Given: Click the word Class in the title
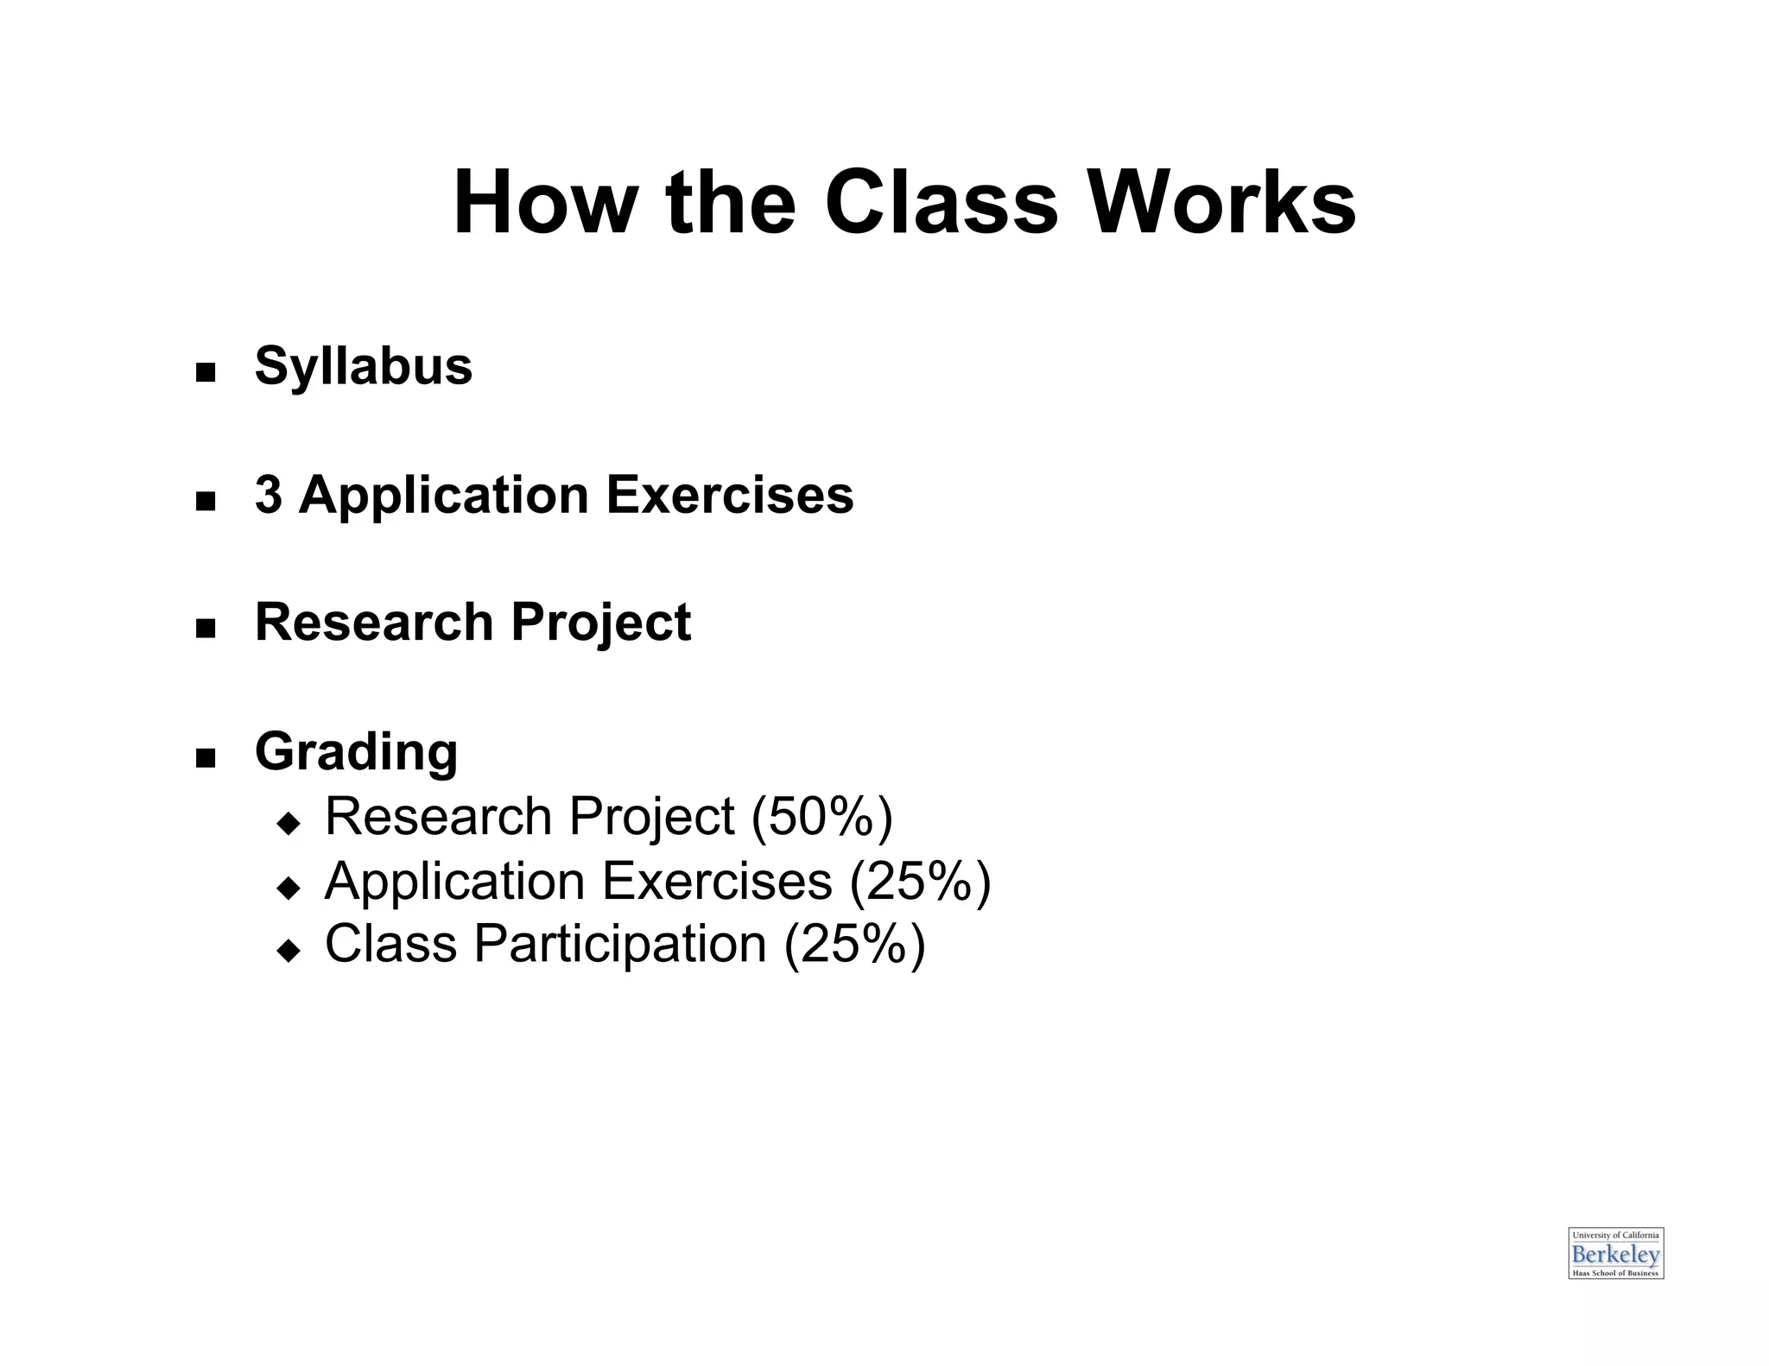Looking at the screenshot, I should click(941, 204).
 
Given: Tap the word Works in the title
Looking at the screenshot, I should click(1221, 204).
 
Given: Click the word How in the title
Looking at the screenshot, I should click(543, 204).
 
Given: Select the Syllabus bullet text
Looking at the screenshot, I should click(364, 367).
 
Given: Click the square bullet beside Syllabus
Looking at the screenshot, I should click(206, 373).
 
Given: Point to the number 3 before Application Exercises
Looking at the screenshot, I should click(269, 495).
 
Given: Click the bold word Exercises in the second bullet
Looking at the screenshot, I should click(730, 495).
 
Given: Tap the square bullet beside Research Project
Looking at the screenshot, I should click(206, 628).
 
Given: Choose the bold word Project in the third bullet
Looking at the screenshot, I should click(601, 623).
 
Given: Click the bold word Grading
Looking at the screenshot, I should click(356, 752).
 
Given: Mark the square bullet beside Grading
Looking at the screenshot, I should click(206, 758).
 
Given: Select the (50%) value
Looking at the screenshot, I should click(821, 816).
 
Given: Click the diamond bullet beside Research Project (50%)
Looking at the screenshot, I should click(288, 823).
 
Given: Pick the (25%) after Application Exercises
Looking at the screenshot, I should click(920, 882).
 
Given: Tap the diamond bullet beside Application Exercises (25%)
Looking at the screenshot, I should click(288, 888).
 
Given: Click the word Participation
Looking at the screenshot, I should click(620, 944).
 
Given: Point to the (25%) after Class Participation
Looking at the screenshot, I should click(854, 944).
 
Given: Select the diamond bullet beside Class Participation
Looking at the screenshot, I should click(288, 951).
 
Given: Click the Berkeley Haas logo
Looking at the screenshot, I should click(1615, 1253).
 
